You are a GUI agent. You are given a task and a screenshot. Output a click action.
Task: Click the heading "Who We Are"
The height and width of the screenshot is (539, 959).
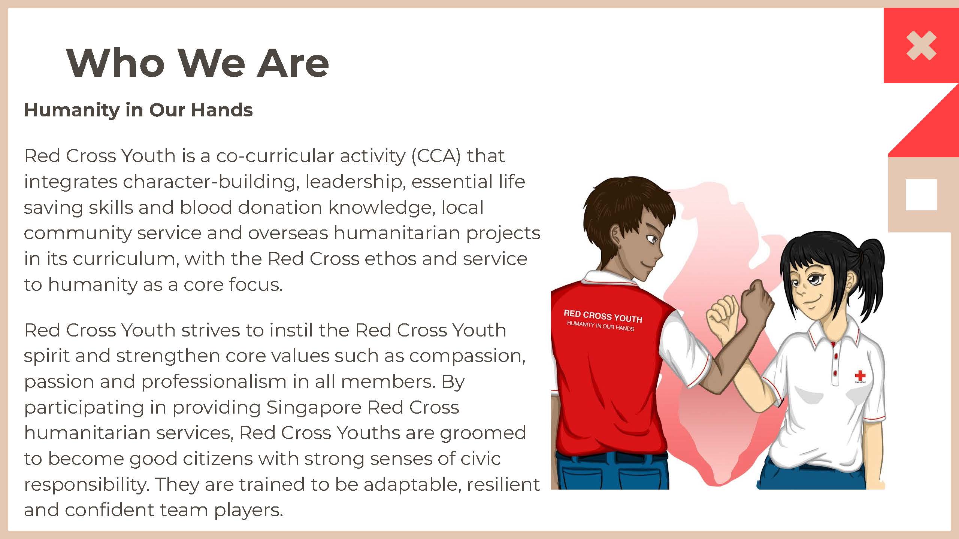197,63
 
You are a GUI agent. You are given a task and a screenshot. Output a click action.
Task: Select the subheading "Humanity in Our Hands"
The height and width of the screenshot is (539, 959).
138,110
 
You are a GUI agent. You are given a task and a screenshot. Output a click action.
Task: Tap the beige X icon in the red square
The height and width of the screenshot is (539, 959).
921,46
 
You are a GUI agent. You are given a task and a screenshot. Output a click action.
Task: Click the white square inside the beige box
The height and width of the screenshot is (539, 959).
921,195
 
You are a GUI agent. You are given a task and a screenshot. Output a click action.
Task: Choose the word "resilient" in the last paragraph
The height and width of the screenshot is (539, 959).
503,484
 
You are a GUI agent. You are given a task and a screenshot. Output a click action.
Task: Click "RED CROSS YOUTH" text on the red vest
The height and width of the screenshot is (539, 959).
603,316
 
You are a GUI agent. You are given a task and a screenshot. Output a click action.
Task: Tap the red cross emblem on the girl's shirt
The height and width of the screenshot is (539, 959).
860,375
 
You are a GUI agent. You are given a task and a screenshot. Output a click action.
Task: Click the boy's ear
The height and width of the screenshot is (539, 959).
617,235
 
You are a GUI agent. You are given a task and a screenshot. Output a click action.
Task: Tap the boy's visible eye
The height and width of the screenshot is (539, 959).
652,239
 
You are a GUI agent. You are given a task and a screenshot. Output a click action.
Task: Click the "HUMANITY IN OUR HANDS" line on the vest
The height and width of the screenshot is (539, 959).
600,326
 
